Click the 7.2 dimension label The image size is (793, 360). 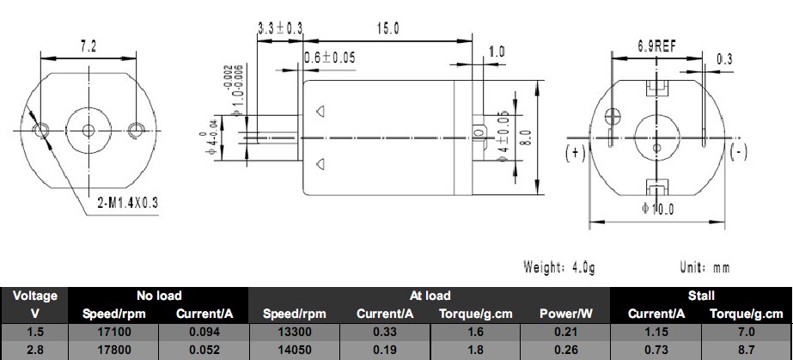pyautogui.click(x=88, y=46)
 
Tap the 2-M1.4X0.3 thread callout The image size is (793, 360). pyautogui.click(x=127, y=203)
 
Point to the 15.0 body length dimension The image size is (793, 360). pyautogui.click(x=387, y=29)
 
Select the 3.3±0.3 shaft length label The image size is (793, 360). pyautogui.click(x=280, y=28)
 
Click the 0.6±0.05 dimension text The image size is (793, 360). pyautogui.click(x=330, y=58)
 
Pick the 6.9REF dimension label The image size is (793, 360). pyautogui.click(x=656, y=46)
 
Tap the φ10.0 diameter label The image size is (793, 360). pyautogui.click(x=657, y=208)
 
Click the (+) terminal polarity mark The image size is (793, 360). pyautogui.click(x=575, y=152)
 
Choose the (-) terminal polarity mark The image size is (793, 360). pyautogui.click(x=738, y=151)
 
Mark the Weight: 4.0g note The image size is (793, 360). pyautogui.click(x=558, y=267)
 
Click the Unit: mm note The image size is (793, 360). pyautogui.click(x=705, y=267)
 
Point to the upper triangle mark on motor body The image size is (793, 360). pyautogui.click(x=320, y=111)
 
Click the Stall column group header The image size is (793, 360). pyautogui.click(x=701, y=296)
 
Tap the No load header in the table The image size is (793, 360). pyautogui.click(x=159, y=296)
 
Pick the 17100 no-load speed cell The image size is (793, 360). pyautogui.click(x=113, y=333)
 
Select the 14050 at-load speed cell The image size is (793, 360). pyautogui.click(x=295, y=350)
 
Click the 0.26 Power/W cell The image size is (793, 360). pyautogui.click(x=565, y=350)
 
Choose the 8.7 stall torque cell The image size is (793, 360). pyautogui.click(x=746, y=350)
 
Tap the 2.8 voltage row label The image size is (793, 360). pyautogui.click(x=34, y=350)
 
